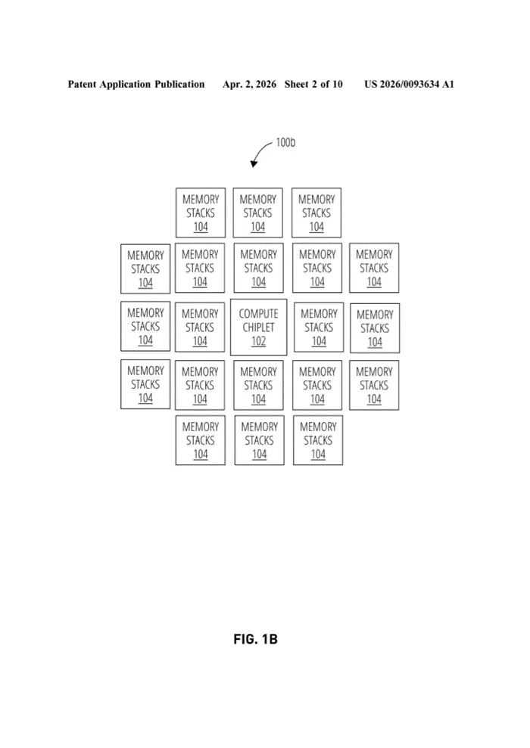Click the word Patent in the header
[x=82, y=85]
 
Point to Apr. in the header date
[x=231, y=85]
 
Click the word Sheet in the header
[x=297, y=85]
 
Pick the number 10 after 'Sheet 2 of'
[x=338, y=85]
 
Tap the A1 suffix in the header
[x=448, y=85]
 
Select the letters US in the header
[x=370, y=85]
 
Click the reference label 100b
[x=285, y=143]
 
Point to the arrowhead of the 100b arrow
[x=254, y=164]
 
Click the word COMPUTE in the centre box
[x=258, y=314]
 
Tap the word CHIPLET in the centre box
[x=258, y=327]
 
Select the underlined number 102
[x=258, y=342]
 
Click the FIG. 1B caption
[x=255, y=639]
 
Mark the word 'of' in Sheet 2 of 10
[x=325, y=85]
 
